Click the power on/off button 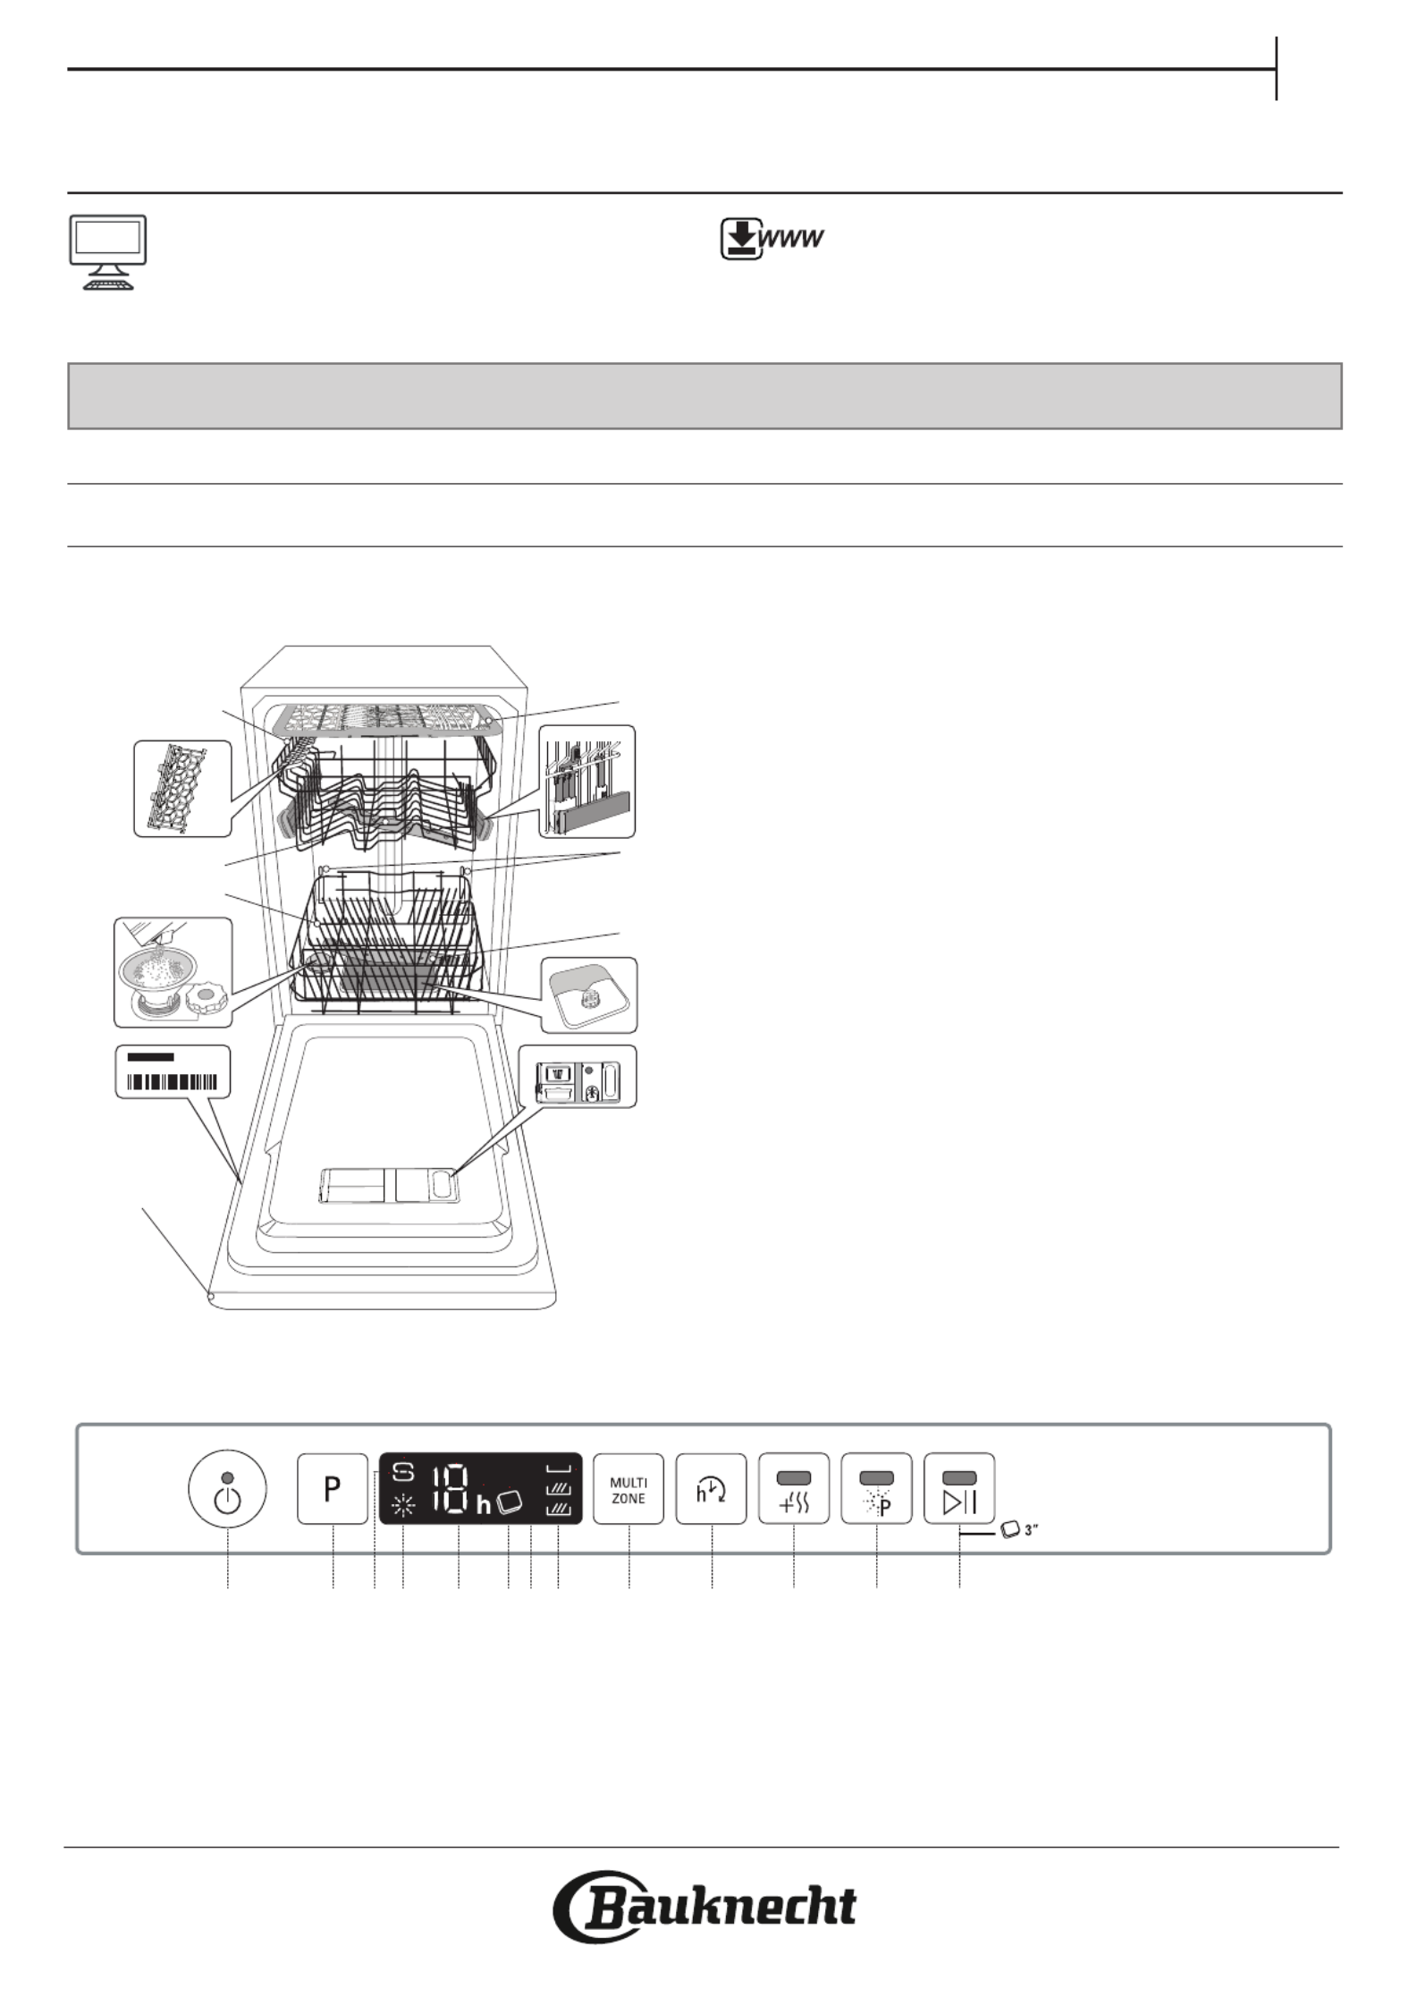point(227,1490)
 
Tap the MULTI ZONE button point(629,1489)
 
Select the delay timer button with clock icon point(712,1489)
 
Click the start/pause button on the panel point(959,1489)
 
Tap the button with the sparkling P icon point(876,1489)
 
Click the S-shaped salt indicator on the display point(404,1471)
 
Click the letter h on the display point(484,1505)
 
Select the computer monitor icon point(107,252)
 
